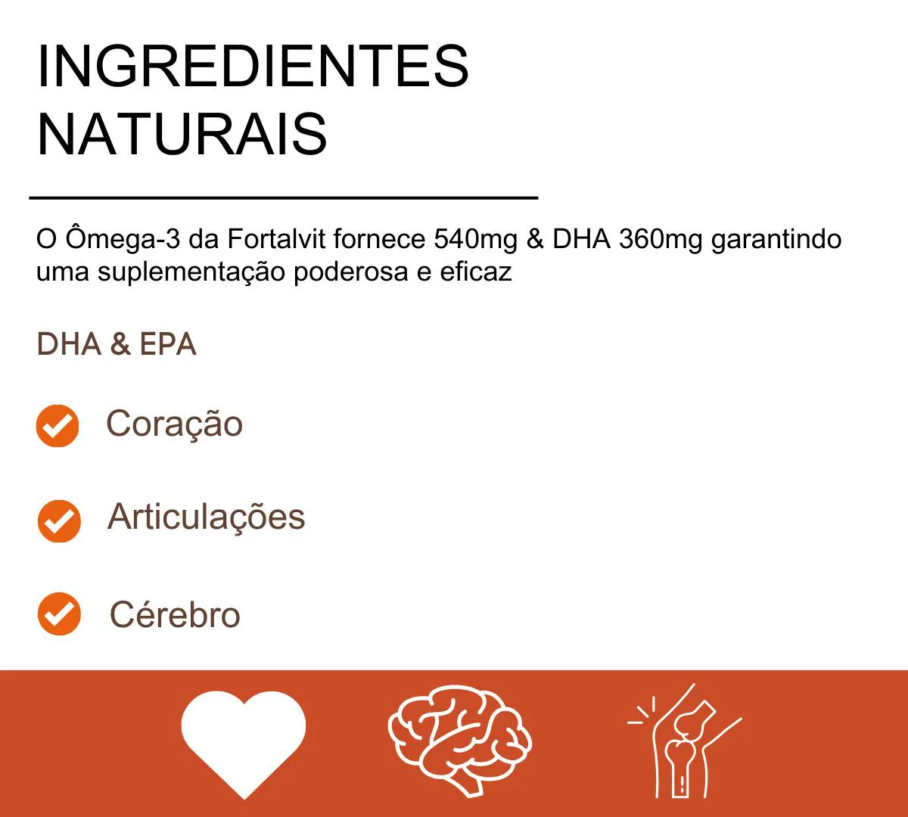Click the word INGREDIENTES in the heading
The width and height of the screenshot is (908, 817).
pos(253,66)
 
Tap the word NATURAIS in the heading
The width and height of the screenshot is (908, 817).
pos(182,135)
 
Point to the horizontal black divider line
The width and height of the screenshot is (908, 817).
pos(283,197)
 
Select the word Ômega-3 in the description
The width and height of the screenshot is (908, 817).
pos(123,238)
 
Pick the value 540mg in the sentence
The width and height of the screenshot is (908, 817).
pos(475,240)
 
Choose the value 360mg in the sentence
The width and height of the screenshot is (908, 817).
pos(661,240)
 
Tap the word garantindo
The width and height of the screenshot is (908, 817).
pos(776,240)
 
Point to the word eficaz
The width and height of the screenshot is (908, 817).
pos(476,272)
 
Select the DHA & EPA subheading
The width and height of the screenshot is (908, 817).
pos(117,344)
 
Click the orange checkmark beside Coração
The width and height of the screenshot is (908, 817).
pos(58,425)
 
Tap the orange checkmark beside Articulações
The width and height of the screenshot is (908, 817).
pos(59,521)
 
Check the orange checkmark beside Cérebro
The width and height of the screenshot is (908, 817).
pos(59,614)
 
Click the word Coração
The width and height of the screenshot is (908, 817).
pos(174,424)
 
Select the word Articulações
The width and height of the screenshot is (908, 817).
pos(207,517)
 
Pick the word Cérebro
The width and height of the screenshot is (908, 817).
pos(175,614)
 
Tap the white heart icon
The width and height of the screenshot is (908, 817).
pos(244,742)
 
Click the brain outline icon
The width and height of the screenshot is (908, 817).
pos(459,741)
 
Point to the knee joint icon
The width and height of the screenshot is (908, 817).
pos(684,741)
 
